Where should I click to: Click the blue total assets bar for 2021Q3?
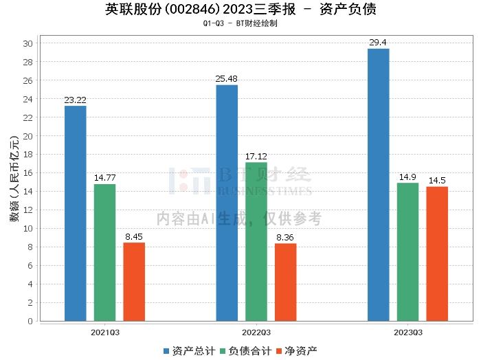pyautogui.click(x=76, y=214)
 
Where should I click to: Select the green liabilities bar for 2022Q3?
pyautogui.click(x=256, y=242)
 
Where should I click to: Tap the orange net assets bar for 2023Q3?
pyautogui.click(x=437, y=254)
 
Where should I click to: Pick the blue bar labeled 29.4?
pyautogui.click(x=379, y=185)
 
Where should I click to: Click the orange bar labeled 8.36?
pyautogui.click(x=286, y=282)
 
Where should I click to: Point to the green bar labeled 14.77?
pyautogui.click(x=105, y=253)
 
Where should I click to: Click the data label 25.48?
pyautogui.click(x=226, y=79)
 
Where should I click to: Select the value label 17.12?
pyautogui.click(x=256, y=157)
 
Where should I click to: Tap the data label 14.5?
pyautogui.click(x=437, y=180)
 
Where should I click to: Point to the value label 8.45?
pyautogui.click(x=134, y=237)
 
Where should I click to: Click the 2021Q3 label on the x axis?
pyautogui.click(x=105, y=333)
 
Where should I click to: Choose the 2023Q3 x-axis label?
pyautogui.click(x=408, y=333)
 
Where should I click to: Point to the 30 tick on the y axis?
pyautogui.click(x=27, y=43)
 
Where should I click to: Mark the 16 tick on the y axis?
pyautogui.click(x=27, y=173)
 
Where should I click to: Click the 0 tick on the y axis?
pyautogui.click(x=30, y=321)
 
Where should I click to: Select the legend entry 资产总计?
pyautogui.click(x=189, y=351)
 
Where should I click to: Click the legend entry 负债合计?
pyautogui.click(x=246, y=351)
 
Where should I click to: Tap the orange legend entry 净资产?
pyautogui.click(x=297, y=351)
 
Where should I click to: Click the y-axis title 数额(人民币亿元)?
pyautogui.click(x=14, y=179)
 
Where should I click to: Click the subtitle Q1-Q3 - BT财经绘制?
pyautogui.click(x=240, y=23)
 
